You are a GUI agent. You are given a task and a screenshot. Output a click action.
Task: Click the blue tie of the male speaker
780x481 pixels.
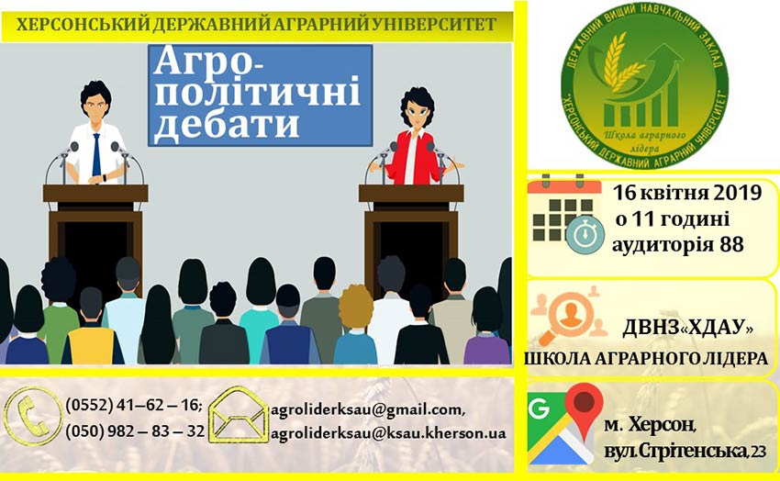click(96, 155)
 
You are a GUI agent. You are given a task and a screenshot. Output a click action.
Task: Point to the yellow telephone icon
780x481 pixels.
click(33, 416)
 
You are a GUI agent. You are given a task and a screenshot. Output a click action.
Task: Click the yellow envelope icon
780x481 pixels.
click(239, 415)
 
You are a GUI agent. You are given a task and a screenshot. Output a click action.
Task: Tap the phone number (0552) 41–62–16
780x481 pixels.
click(134, 406)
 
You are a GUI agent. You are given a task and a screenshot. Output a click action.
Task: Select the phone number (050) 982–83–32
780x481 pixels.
click(135, 431)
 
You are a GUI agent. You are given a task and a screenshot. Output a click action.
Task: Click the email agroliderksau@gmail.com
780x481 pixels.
click(368, 410)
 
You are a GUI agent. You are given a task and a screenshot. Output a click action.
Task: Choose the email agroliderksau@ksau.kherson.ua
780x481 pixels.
click(388, 433)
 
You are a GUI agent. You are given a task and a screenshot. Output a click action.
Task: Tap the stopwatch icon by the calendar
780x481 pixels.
click(585, 235)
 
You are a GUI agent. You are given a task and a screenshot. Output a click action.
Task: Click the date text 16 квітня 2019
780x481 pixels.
click(686, 193)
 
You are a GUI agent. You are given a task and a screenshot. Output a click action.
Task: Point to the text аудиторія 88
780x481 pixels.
click(678, 244)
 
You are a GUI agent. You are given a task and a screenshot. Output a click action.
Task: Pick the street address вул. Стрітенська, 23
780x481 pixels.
click(685, 451)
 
